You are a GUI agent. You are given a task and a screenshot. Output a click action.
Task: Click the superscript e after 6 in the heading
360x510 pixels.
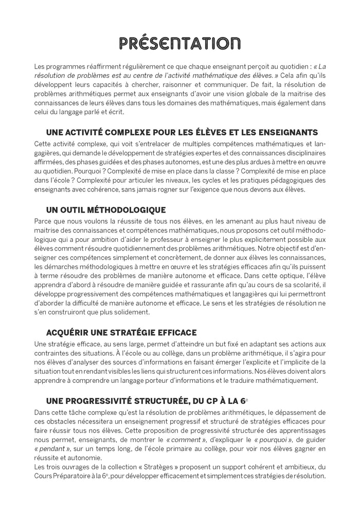[253, 398]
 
